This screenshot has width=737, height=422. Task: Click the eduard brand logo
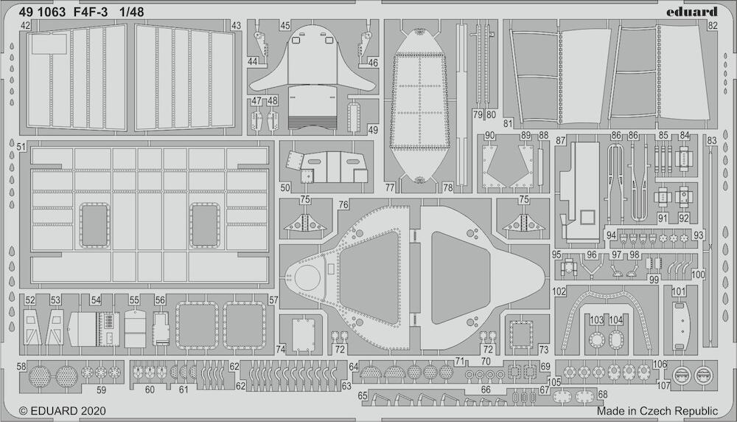[691, 11]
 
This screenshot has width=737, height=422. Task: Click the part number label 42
[25, 25]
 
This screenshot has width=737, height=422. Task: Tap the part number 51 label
[21, 147]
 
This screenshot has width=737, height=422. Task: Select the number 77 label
[390, 187]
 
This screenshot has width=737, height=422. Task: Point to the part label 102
[559, 291]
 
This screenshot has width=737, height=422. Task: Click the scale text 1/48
[132, 13]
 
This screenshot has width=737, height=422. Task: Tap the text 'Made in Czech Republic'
[657, 411]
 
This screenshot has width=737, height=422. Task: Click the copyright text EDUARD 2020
[63, 411]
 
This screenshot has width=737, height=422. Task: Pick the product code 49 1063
[42, 13]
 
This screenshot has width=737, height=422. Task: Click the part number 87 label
[560, 141]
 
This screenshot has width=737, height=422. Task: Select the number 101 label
[679, 291]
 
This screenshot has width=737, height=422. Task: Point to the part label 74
[281, 349]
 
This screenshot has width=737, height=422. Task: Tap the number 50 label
[284, 187]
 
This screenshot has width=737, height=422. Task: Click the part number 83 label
[712, 140]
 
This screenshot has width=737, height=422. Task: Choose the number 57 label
[273, 300]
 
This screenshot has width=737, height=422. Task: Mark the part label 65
[363, 395]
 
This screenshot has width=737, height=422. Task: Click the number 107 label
[663, 386]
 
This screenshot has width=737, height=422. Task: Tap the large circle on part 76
[307, 277]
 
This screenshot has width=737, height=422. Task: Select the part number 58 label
[21, 367]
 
